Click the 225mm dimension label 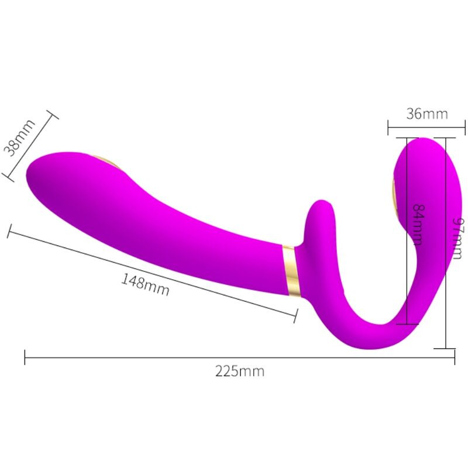tap(240, 371)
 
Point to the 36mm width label tap(427, 113)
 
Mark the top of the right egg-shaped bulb tap(422, 140)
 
